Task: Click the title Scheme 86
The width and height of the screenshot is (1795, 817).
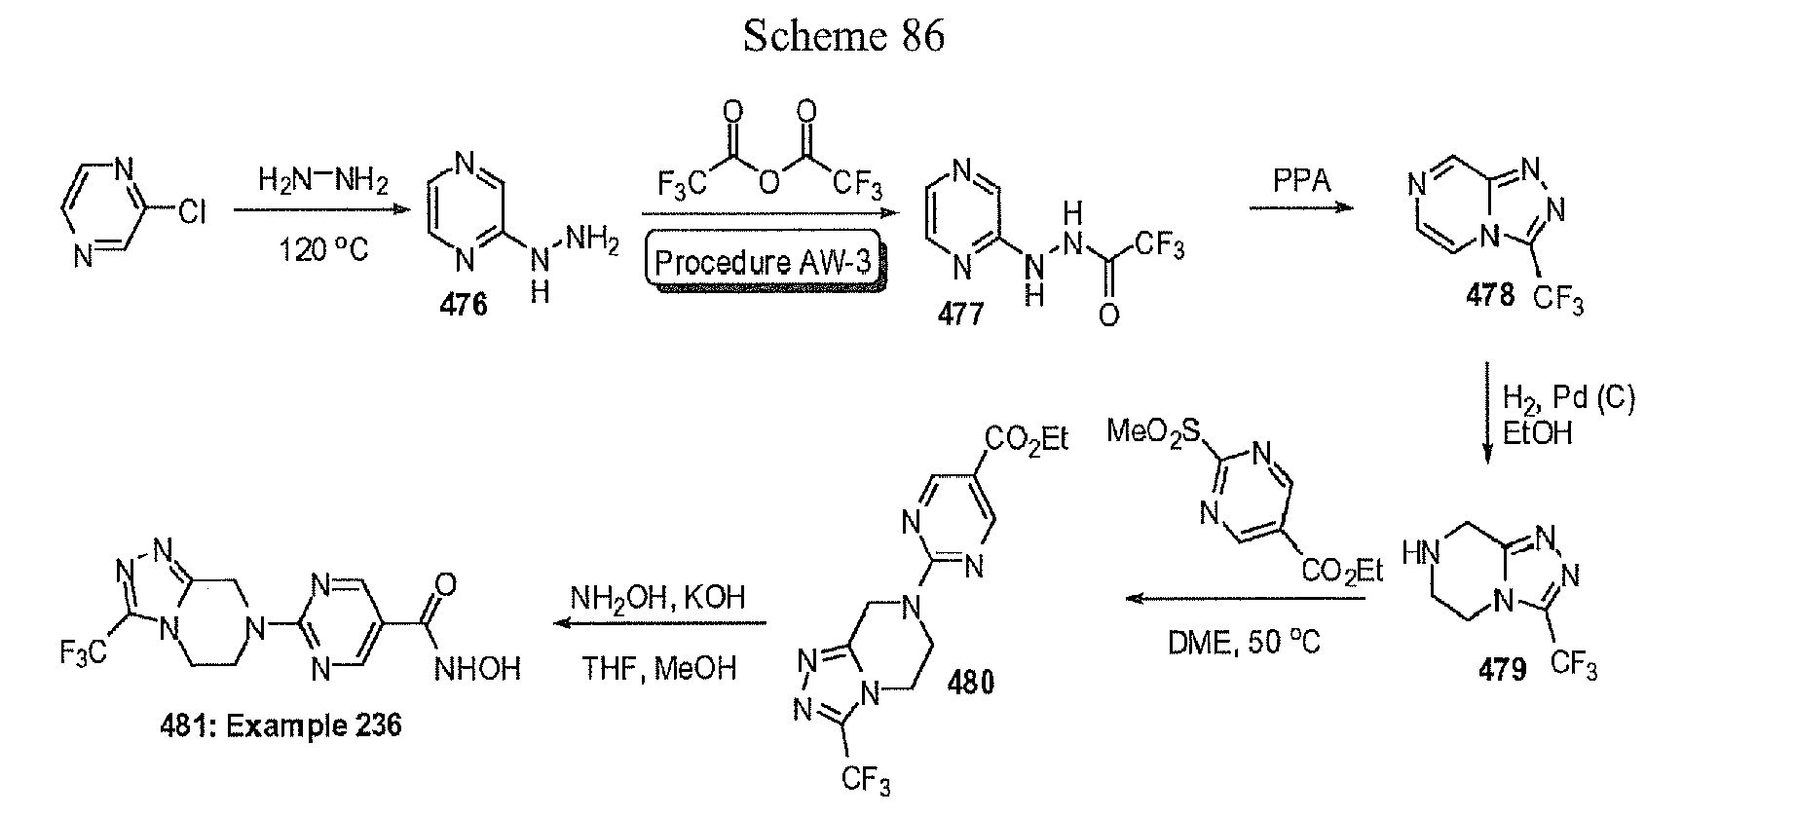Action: pos(843,36)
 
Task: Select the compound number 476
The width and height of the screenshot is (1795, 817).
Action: pos(464,305)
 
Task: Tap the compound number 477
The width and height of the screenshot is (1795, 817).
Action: pos(961,313)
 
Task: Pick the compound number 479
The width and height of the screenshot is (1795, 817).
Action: pos(1502,671)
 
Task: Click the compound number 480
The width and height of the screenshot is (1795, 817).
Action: pos(972,684)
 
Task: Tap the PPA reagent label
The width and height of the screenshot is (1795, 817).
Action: pos(1302,181)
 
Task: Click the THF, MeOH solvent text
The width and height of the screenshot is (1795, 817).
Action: pos(658,668)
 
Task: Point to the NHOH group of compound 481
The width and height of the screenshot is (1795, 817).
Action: pos(477,669)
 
